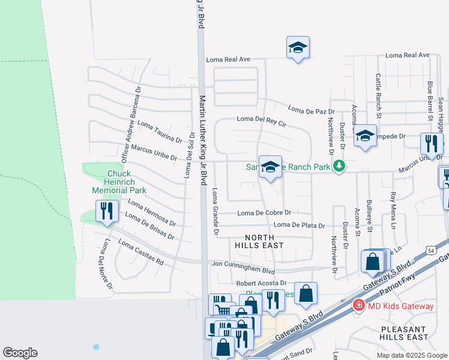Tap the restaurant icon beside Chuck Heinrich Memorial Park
107,211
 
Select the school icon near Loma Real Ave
298,47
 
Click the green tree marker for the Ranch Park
339,166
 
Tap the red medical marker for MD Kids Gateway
359,305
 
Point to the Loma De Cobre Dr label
264,213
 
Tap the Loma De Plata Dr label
299,226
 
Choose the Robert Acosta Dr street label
262,283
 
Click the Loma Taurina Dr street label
160,131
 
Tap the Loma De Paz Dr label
311,110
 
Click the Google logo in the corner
20,353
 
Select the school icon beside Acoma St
364,136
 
